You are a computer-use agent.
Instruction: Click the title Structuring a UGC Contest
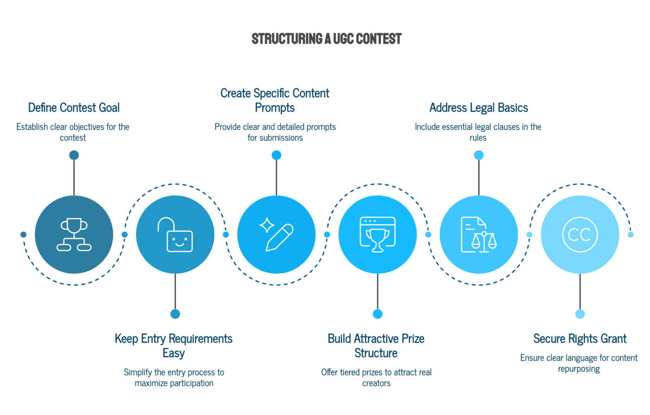(x=326, y=39)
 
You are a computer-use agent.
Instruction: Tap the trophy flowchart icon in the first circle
(x=74, y=235)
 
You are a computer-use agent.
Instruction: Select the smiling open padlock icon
(x=175, y=235)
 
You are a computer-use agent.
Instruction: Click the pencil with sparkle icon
(x=276, y=235)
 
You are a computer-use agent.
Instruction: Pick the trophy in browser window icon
(x=377, y=235)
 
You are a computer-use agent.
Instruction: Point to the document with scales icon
(x=479, y=235)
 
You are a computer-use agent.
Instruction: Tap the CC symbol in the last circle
(x=580, y=235)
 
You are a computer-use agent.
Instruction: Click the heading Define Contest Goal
(x=74, y=108)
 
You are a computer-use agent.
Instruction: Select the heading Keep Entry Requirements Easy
(x=173, y=345)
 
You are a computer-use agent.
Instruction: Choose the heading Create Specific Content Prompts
(x=275, y=100)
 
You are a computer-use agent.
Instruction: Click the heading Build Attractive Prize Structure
(x=376, y=345)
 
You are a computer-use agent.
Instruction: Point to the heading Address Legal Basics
(x=478, y=108)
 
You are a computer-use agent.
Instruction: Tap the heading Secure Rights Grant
(x=580, y=338)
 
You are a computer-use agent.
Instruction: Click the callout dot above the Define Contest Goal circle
(x=74, y=155)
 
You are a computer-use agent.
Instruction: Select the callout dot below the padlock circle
(x=175, y=314)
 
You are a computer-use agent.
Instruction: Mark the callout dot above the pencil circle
(x=276, y=155)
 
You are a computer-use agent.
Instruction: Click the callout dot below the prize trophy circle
(x=377, y=314)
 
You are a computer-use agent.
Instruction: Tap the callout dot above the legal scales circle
(x=479, y=155)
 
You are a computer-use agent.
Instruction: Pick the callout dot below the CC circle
(x=580, y=314)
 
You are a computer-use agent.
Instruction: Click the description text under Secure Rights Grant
(x=579, y=364)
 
